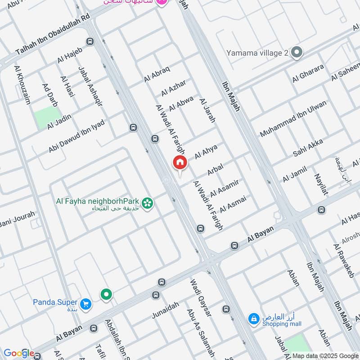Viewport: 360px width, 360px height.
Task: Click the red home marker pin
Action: pyautogui.click(x=180, y=163)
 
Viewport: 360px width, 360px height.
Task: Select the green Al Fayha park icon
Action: pyautogui.click(x=147, y=203)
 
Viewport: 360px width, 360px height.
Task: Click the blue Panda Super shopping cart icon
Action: pyautogui.click(x=86, y=304)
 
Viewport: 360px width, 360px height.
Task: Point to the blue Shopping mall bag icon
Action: pyautogui.click(x=254, y=319)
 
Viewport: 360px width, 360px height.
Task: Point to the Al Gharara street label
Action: pyautogui.click(x=308, y=73)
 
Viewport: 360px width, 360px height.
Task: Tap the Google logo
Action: pyautogui.click(x=18, y=353)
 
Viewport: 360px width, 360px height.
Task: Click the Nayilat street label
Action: pyautogui.click(x=320, y=184)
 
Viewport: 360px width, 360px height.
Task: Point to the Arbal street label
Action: pyautogui.click(x=215, y=170)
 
